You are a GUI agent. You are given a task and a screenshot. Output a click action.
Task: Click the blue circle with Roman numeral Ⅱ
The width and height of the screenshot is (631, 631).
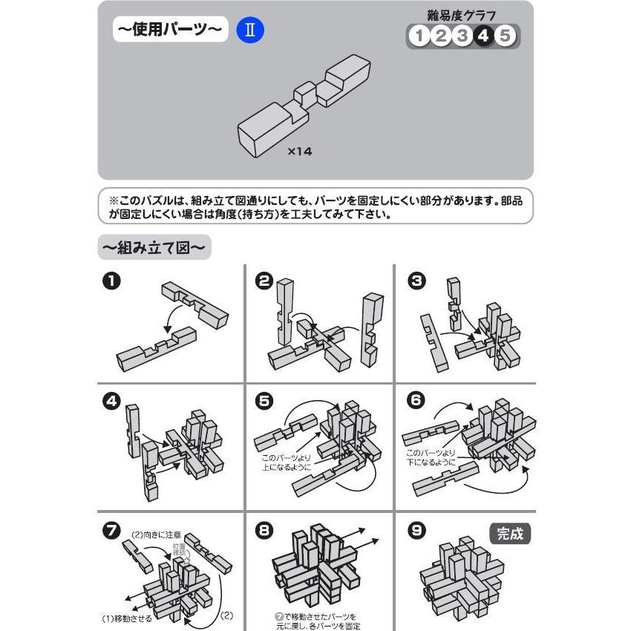(x=250, y=31)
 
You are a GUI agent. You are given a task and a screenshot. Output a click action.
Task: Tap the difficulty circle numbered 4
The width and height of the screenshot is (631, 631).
(x=483, y=36)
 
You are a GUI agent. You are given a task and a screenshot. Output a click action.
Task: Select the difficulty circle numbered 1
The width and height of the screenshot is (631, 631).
(x=419, y=36)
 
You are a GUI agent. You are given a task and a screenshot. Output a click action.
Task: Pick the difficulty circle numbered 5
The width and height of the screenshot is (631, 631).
(x=506, y=36)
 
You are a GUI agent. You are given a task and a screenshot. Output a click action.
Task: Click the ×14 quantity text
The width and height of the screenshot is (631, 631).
(x=300, y=151)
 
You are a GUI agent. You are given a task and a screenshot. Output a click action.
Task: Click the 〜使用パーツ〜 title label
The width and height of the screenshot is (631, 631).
(x=169, y=32)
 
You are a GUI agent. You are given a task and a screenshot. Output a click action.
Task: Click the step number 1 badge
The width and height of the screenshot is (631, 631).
(x=111, y=281)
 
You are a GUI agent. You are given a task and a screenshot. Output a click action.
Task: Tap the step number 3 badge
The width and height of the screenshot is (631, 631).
(x=416, y=281)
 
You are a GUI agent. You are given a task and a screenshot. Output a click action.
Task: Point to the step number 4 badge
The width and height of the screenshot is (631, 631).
(x=111, y=402)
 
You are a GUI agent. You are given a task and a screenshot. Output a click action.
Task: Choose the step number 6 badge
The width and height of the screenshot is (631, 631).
(x=416, y=402)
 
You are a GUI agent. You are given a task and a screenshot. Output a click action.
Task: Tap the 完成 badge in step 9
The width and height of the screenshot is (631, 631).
(x=510, y=534)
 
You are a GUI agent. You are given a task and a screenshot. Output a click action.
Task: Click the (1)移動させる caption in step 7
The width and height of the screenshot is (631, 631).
(x=127, y=617)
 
